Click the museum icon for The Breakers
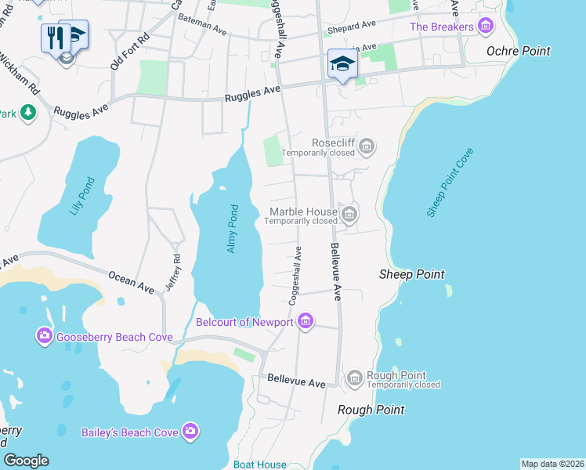[x=486, y=27]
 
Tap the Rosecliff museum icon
[x=366, y=145]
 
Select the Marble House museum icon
[x=350, y=212]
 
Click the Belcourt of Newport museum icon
[x=306, y=321]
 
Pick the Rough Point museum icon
[x=354, y=378]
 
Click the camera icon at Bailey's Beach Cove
[x=190, y=432]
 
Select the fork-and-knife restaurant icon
[x=55, y=36]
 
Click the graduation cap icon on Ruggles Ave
[x=342, y=63]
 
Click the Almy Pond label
[x=232, y=228]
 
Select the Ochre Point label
[x=518, y=51]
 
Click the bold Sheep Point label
[x=411, y=274]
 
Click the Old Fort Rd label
[x=130, y=51]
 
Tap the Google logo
[x=26, y=461]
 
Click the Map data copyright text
[x=553, y=464]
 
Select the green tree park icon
[x=28, y=114]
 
